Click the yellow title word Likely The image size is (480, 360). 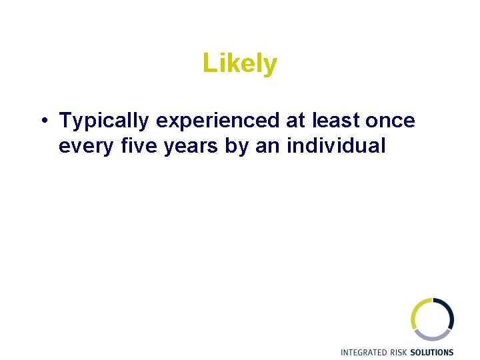(240, 64)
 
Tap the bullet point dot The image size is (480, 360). (42, 121)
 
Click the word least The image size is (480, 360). (338, 121)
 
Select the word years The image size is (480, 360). (192, 146)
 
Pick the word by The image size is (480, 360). (237, 146)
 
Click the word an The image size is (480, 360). (268, 146)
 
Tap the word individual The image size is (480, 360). (336, 146)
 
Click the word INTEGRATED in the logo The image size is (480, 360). (363, 352)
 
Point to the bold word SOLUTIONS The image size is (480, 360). (432, 352)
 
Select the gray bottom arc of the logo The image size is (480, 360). (434, 336)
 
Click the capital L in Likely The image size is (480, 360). (208, 64)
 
